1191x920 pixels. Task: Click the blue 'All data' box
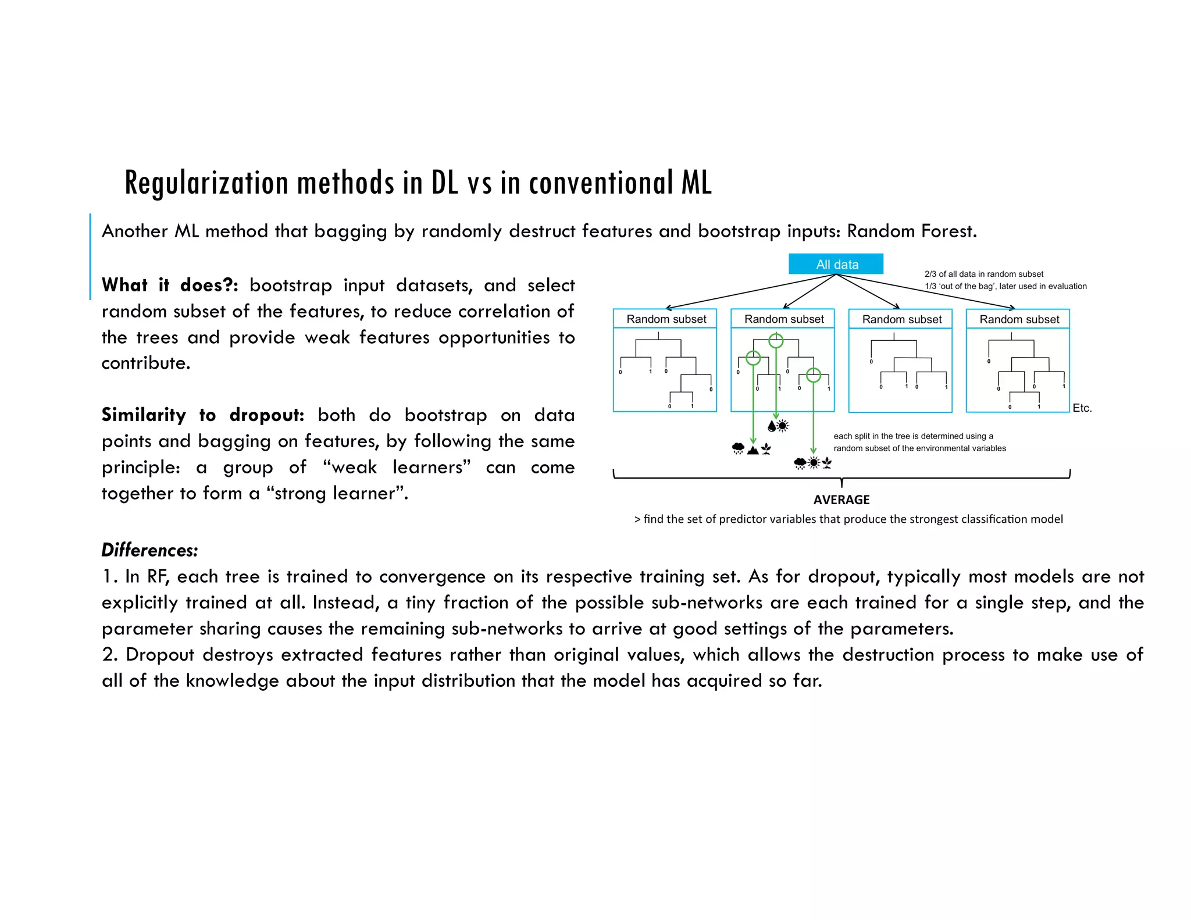click(x=836, y=264)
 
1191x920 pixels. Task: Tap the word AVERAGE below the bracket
click(x=841, y=500)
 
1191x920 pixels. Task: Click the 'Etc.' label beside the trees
click(x=1082, y=408)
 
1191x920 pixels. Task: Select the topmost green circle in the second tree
click(x=776, y=341)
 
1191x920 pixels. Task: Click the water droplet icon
click(x=772, y=426)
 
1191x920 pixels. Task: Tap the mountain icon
click(x=753, y=449)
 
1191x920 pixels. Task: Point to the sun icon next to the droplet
click(x=783, y=426)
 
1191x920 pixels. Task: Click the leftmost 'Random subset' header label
click(x=666, y=319)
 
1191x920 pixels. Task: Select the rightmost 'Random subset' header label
click(x=1019, y=319)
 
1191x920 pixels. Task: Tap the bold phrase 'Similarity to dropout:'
click(x=203, y=415)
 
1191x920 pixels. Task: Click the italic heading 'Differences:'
click(x=149, y=550)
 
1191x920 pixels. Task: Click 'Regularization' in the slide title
click(x=206, y=183)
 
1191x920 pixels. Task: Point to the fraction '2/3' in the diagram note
click(x=930, y=274)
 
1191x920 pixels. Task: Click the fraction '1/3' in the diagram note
click(x=930, y=286)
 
